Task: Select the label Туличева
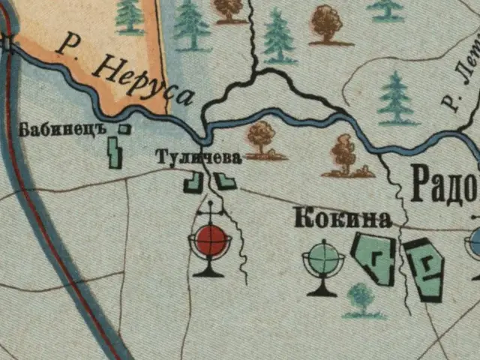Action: coord(199,157)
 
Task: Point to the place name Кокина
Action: coord(343,218)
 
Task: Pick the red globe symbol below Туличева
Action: coord(208,241)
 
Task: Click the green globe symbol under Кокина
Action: coord(323,261)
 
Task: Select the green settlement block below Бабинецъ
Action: coord(115,152)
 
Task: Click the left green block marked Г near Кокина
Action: coord(373,258)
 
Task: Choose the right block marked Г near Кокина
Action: coord(424,266)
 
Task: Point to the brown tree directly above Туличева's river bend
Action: coord(262,139)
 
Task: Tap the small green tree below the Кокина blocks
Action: coord(361,300)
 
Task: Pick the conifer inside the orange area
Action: coord(130,16)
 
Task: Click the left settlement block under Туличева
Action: coord(193,181)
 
